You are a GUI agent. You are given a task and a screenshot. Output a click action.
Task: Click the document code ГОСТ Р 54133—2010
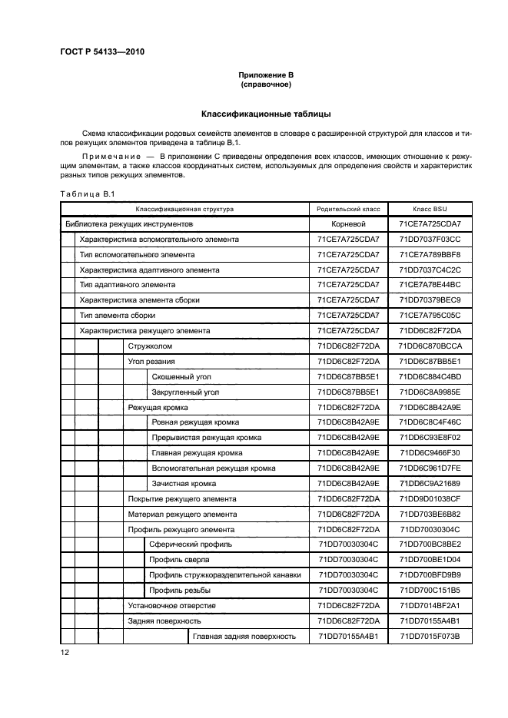coord(102,52)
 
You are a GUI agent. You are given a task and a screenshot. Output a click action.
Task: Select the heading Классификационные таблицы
coord(266,114)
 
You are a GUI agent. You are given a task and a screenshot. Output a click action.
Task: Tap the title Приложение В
coord(266,74)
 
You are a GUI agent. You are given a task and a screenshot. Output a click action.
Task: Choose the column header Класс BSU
coord(430,209)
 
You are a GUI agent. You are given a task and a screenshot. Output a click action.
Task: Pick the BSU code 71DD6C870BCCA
coord(430,346)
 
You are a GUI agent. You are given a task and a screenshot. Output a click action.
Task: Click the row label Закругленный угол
coord(185,392)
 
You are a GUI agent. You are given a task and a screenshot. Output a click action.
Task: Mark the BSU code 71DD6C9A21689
coord(430,484)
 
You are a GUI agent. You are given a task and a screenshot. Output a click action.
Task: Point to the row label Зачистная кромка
coord(184,484)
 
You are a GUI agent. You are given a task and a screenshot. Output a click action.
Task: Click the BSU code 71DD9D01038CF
coord(430,499)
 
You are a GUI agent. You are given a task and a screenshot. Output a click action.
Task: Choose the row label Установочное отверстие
coord(171,605)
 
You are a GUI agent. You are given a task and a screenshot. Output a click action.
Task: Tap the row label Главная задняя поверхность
coord(244,636)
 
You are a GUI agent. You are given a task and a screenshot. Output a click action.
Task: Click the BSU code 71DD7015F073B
coord(430,636)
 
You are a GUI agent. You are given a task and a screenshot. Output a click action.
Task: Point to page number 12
coord(65,653)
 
